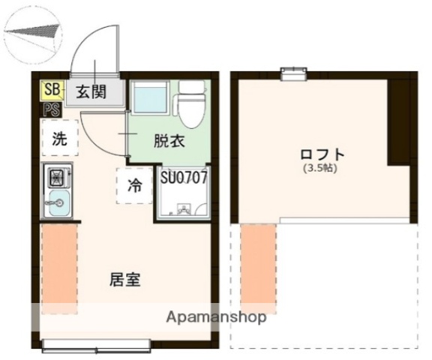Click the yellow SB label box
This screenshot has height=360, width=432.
(52, 91)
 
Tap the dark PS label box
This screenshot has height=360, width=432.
(52, 110)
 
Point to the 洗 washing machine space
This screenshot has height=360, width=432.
(58, 138)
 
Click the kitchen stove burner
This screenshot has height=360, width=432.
(57, 178)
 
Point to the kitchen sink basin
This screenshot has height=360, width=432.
(57, 202)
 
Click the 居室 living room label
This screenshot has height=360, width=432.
(125, 280)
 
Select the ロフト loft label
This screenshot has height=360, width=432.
(322, 155)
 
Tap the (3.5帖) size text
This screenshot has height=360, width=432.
(322, 169)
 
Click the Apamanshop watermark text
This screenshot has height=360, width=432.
(218, 316)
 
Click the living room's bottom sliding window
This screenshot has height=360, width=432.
(96, 346)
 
